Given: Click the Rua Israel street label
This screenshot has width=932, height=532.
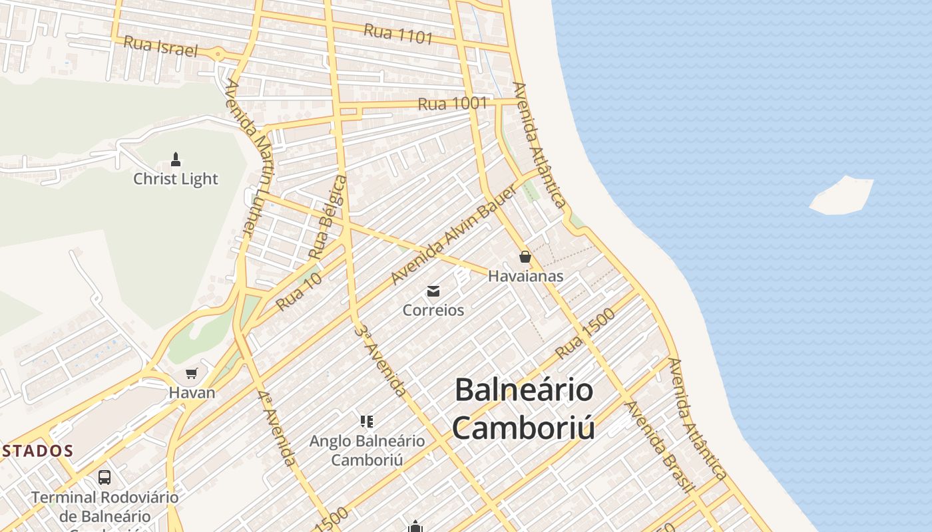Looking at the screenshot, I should pos(161,47).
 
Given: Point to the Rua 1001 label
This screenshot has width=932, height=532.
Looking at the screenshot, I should pos(452,104).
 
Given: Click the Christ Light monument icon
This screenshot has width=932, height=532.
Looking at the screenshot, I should pos(176,160).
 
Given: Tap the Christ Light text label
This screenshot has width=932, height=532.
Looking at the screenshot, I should pos(176,179).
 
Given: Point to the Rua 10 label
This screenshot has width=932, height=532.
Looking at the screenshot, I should pos(299,291).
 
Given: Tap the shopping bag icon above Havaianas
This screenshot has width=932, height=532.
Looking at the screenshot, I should pos(525,257).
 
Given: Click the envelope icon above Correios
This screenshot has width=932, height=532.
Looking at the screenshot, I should pos(433,291).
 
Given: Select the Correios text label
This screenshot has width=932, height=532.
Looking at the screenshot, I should pos(433,310).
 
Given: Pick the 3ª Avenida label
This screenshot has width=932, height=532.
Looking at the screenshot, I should pos(381,360).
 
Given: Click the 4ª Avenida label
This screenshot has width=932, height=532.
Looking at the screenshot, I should pos(276,427).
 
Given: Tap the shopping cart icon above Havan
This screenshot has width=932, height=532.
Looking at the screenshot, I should pos(192,373).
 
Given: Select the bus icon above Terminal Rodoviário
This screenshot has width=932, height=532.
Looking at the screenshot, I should pos(105,477).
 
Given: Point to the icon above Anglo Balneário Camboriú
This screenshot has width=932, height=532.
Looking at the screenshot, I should pos(367,421).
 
